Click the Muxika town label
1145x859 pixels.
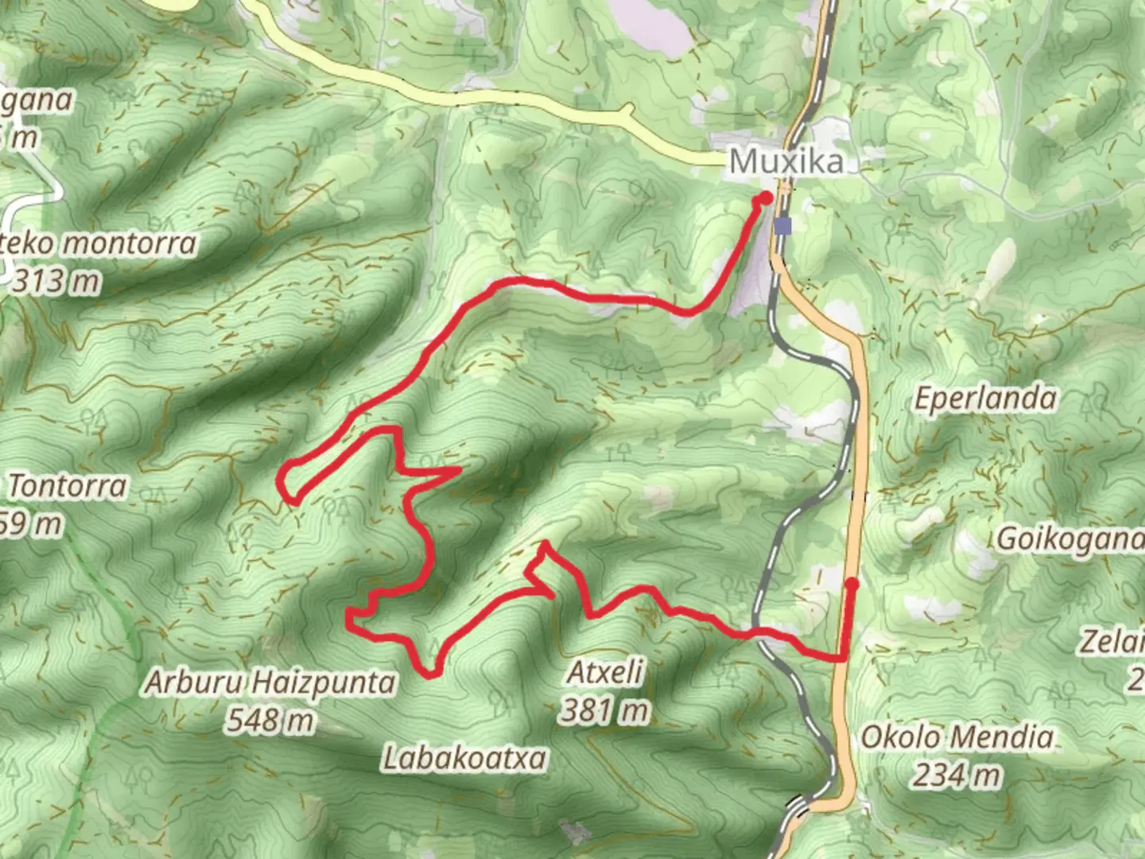(x=786, y=162)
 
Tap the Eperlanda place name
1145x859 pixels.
(x=984, y=398)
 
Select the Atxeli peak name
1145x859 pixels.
(x=605, y=674)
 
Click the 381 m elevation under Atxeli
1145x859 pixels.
(x=605, y=710)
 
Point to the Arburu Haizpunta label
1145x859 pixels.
(x=270, y=682)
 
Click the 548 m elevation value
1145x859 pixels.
(x=270, y=721)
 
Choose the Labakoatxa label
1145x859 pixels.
(x=464, y=758)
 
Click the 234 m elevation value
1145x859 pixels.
(x=957, y=774)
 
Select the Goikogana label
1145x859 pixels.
(x=1070, y=539)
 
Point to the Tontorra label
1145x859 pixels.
(x=68, y=486)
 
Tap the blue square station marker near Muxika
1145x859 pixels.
(x=785, y=227)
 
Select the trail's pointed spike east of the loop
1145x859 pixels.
(x=458, y=470)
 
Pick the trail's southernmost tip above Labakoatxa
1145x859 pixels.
(x=431, y=675)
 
